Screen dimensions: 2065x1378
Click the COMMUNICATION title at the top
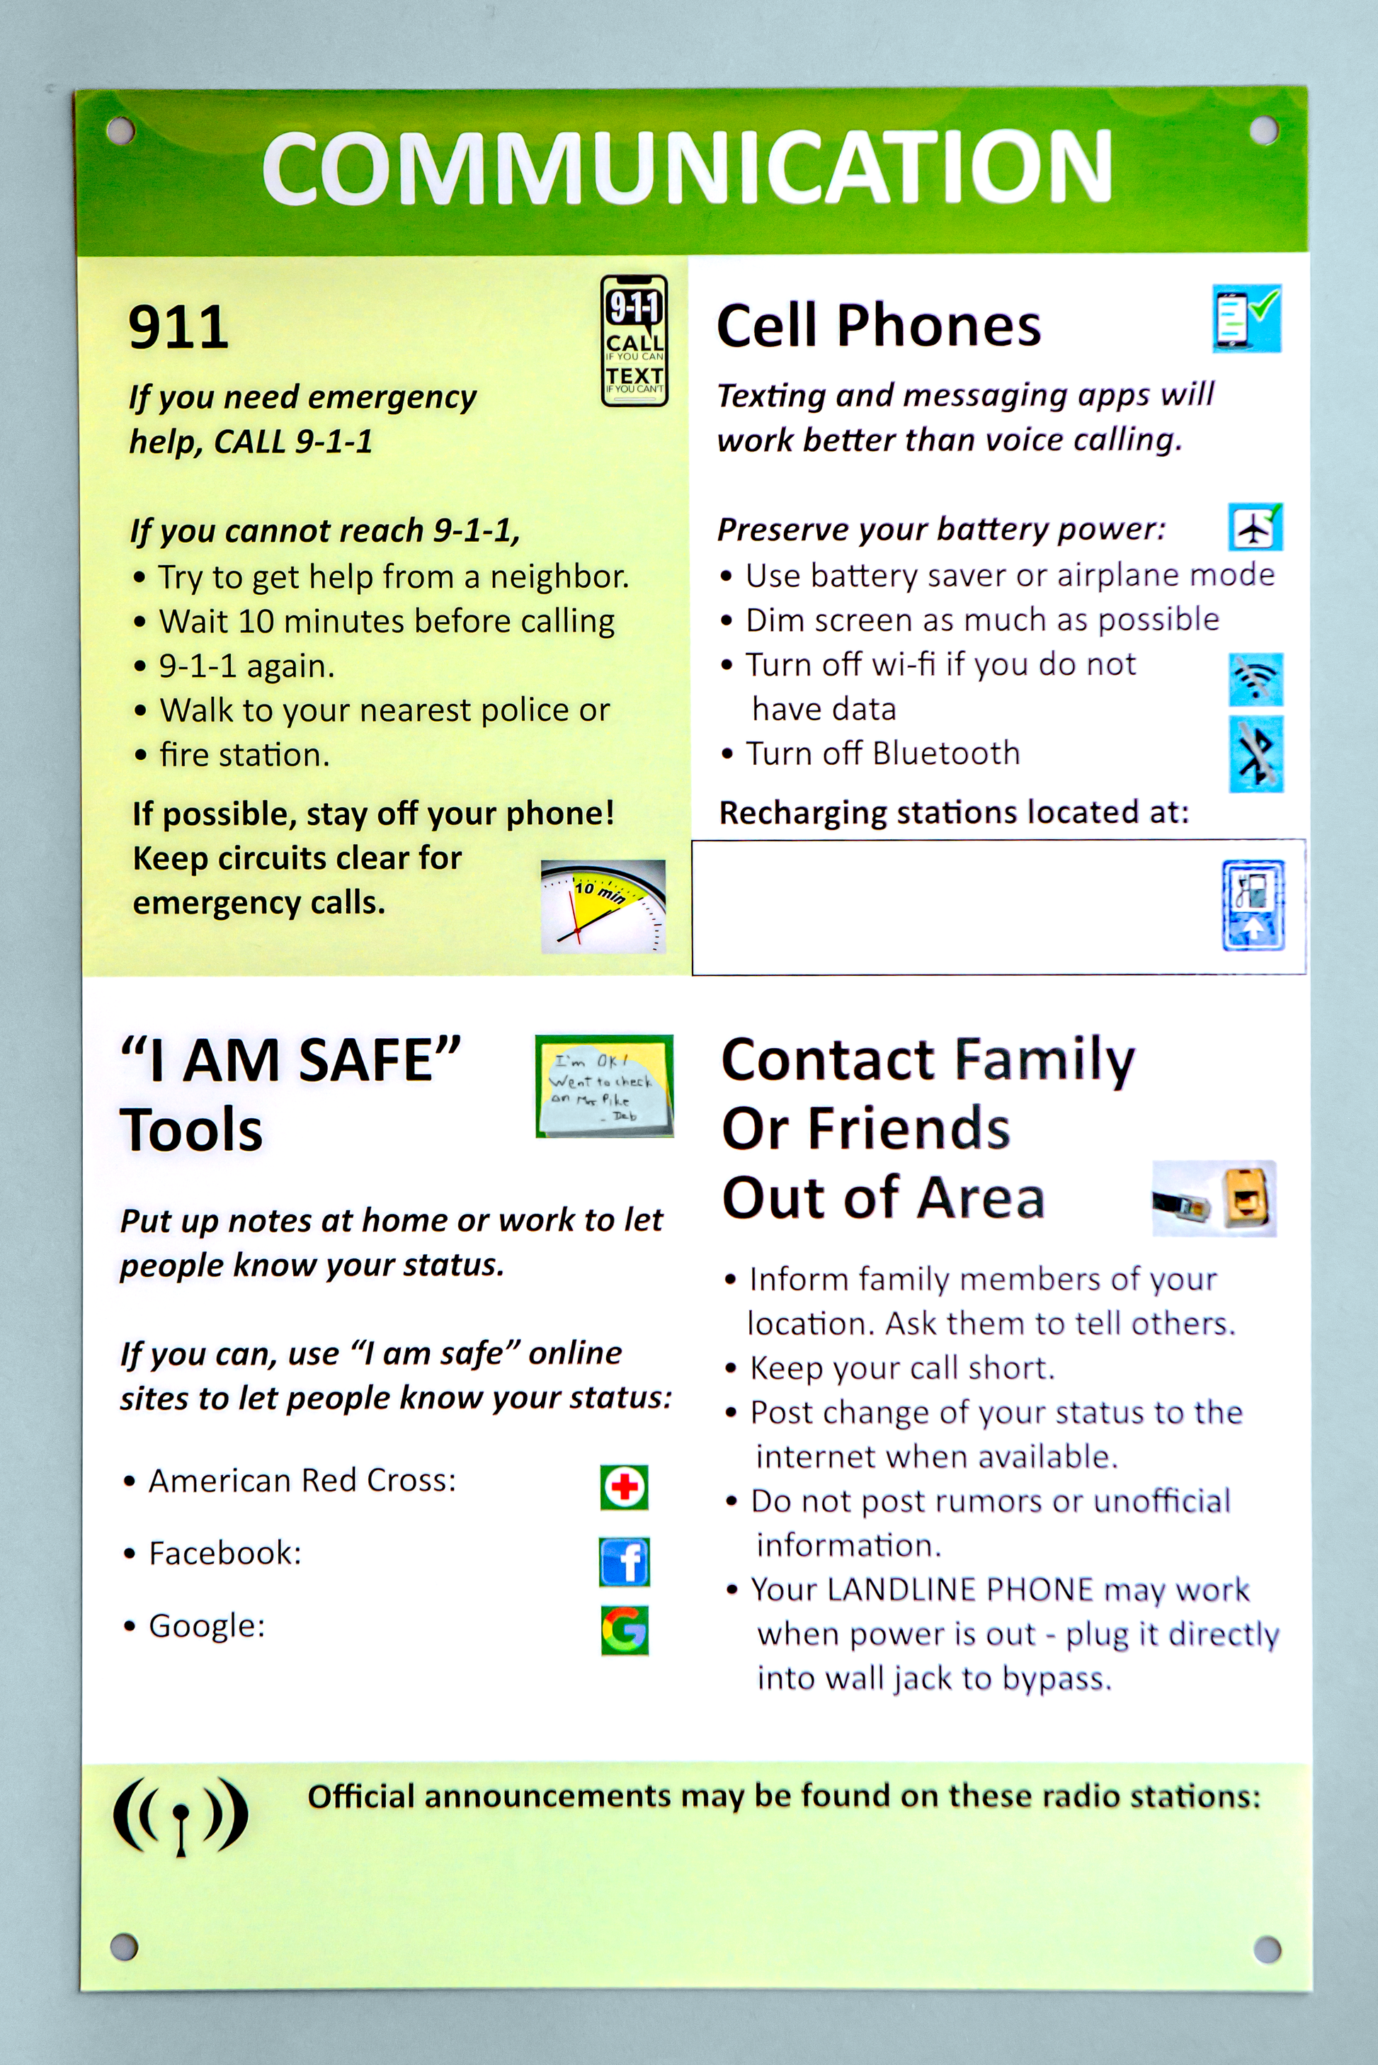coord(688,167)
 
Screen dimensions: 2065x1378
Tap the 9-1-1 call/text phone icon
coord(634,341)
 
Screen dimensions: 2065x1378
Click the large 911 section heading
coord(178,327)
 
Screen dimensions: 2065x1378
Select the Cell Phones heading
coord(879,326)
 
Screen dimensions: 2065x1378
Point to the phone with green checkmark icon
coord(1246,318)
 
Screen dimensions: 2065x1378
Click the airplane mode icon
coord(1255,528)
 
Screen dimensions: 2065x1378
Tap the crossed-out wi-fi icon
coord(1255,679)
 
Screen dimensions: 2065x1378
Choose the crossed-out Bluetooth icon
coord(1255,754)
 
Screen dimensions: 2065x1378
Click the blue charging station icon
coord(1253,905)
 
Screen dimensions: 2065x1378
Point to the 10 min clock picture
coord(603,907)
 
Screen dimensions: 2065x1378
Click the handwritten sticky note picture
coord(605,1086)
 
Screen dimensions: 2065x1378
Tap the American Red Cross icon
coord(624,1487)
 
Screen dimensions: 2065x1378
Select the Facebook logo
coord(624,1561)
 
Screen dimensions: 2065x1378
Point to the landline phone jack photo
coord(1214,1199)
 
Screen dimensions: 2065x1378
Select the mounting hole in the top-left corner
coord(120,131)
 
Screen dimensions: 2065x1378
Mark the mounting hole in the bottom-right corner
coord(1266,1948)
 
